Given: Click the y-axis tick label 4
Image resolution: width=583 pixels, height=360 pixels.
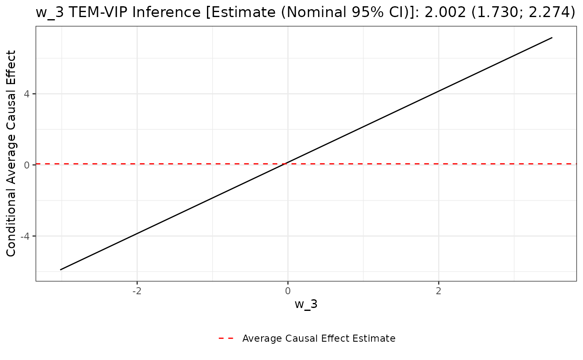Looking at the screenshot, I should click(27, 94).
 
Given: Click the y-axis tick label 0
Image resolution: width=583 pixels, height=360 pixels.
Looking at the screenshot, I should click(27, 165).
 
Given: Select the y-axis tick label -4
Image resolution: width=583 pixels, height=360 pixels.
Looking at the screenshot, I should click(25, 236).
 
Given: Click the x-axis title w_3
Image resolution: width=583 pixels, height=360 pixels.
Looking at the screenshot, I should click(306, 304).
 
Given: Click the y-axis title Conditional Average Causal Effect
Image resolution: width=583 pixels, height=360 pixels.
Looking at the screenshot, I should click(11, 154).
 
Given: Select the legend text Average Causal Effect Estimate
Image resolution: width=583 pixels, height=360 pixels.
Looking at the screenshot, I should click(319, 338).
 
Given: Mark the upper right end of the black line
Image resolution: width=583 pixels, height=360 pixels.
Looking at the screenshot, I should click(552, 38).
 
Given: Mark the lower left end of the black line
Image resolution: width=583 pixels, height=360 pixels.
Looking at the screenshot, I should click(61, 270).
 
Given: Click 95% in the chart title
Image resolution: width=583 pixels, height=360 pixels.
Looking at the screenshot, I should click(345, 12).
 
